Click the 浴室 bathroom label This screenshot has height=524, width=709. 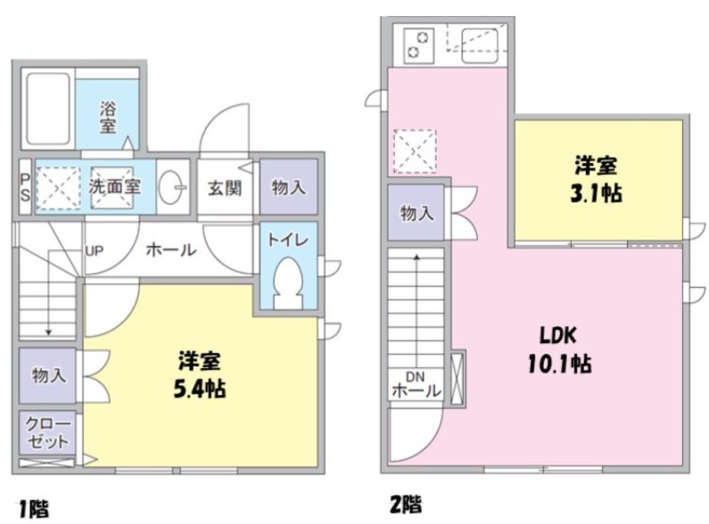[108, 117]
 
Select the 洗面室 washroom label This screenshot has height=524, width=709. [114, 187]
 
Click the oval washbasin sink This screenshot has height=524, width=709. [172, 187]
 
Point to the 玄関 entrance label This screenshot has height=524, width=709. [225, 188]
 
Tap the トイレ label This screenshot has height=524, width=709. [287, 240]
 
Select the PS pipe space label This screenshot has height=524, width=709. [25, 187]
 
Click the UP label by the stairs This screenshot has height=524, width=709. [95, 250]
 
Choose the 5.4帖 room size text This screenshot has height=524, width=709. [201, 389]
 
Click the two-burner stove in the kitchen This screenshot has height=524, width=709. [417, 44]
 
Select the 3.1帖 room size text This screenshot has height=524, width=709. [598, 193]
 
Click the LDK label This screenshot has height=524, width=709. [559, 336]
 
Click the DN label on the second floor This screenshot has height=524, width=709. [415, 375]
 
